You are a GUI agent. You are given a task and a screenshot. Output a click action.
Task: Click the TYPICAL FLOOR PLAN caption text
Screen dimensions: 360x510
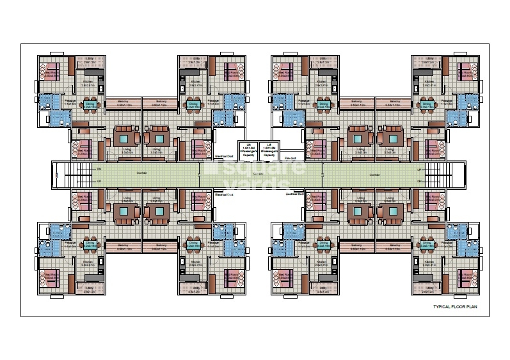pos(452,308)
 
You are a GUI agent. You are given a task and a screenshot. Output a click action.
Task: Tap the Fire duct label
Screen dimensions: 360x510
pos(290,157)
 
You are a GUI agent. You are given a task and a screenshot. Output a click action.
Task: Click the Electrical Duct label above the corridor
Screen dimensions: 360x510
pos(225,156)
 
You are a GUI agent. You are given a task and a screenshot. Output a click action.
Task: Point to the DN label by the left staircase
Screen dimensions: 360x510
pos(99,169)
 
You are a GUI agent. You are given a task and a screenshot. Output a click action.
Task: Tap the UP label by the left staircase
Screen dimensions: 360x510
pos(99,181)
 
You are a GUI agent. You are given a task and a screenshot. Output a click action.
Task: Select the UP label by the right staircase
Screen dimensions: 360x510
pos(419,169)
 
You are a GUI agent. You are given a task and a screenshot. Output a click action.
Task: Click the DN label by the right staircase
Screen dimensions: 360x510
pos(419,181)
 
